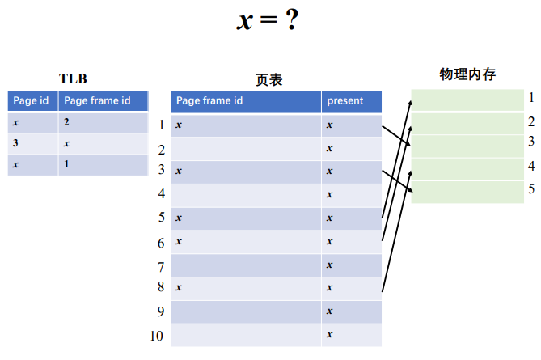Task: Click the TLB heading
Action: coord(73,78)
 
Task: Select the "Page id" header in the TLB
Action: coord(32,100)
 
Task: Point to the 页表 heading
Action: coord(268,79)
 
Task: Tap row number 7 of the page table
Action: coord(161,266)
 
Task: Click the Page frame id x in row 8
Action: coord(179,287)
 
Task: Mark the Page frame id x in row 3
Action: coord(179,172)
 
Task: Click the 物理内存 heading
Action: coord(467,74)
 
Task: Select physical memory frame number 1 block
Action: coord(467,100)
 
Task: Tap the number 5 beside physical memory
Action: coord(531,189)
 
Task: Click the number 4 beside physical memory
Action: coord(531,166)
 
